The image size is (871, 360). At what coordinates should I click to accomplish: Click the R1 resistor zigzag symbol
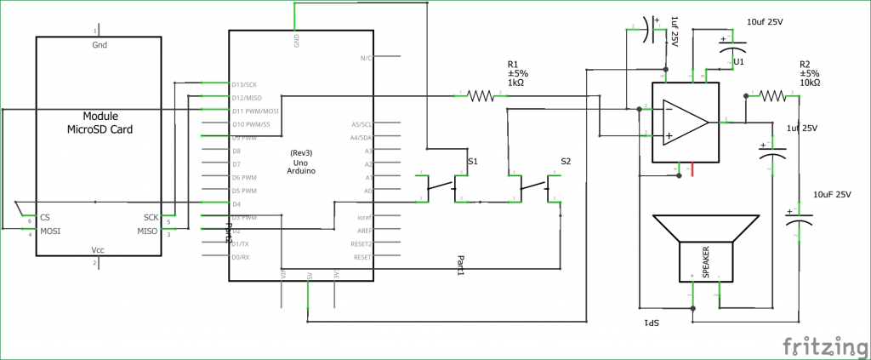[x=481, y=96]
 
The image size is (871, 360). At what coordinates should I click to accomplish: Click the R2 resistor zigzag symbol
[x=774, y=96]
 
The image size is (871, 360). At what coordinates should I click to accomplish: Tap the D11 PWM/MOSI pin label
[x=256, y=111]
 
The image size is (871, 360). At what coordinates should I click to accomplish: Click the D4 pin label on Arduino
[x=236, y=203]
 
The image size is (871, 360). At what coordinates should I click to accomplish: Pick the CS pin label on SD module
[x=44, y=217]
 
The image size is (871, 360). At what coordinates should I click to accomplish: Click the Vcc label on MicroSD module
[x=99, y=250]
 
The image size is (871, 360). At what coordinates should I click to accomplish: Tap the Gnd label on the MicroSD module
[x=99, y=45]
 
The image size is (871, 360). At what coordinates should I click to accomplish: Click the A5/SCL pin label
[x=361, y=124]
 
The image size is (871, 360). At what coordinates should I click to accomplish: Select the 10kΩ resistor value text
[x=810, y=83]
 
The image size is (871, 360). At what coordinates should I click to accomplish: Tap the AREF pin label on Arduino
[x=363, y=230]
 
